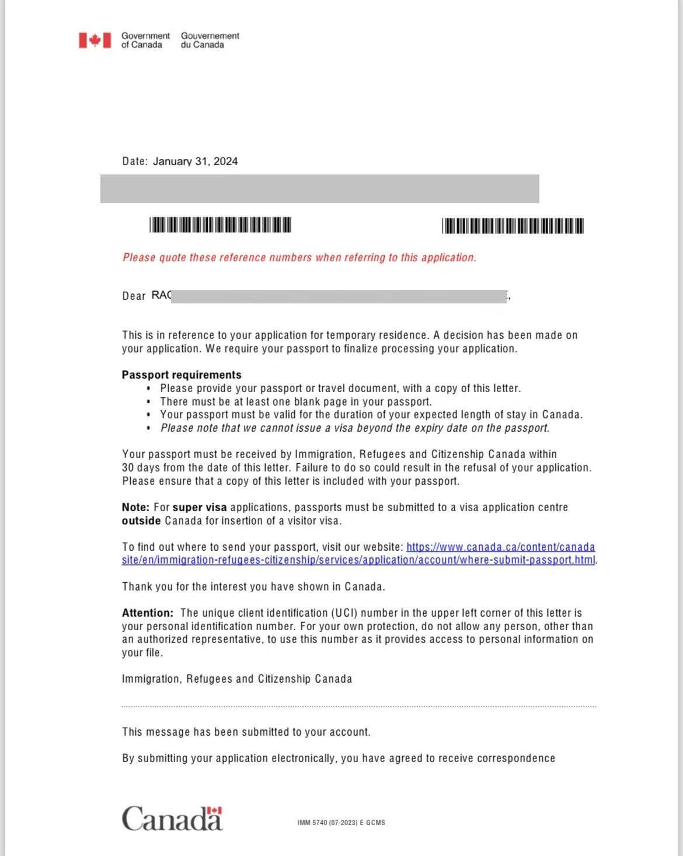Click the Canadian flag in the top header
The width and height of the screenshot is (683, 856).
(95, 40)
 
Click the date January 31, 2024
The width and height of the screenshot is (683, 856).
(195, 162)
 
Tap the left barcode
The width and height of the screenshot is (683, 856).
(220, 225)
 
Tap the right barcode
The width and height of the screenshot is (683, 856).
(513, 226)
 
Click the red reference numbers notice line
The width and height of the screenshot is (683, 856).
(299, 258)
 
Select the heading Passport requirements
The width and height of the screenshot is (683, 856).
(182, 375)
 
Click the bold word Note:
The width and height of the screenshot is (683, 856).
(135, 507)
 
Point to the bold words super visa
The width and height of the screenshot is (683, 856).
(200, 507)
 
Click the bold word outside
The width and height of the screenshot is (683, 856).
(141, 520)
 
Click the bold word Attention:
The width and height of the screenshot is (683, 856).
(148, 613)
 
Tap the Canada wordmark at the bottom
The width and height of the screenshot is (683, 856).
(172, 819)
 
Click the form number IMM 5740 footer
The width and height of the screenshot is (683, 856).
(341, 823)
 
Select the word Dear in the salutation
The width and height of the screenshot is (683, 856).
(134, 296)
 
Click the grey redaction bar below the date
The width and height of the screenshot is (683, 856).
(319, 188)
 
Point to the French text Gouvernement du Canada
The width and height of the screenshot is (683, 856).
(210, 40)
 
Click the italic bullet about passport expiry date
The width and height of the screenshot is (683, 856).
(355, 428)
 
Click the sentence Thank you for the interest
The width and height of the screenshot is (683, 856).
(253, 586)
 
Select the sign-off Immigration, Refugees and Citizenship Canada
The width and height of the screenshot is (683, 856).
(237, 679)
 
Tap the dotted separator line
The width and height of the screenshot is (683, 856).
(358, 707)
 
